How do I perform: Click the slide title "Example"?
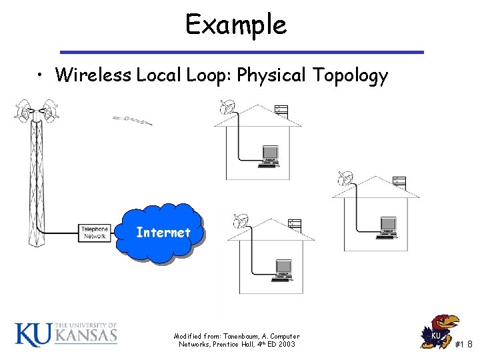pos(236,25)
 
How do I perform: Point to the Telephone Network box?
pos(94,233)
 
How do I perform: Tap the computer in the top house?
pos(270,155)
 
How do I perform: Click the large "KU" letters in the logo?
pos(32,333)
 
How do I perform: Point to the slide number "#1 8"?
pos(463,344)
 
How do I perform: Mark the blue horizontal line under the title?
pos(241,52)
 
